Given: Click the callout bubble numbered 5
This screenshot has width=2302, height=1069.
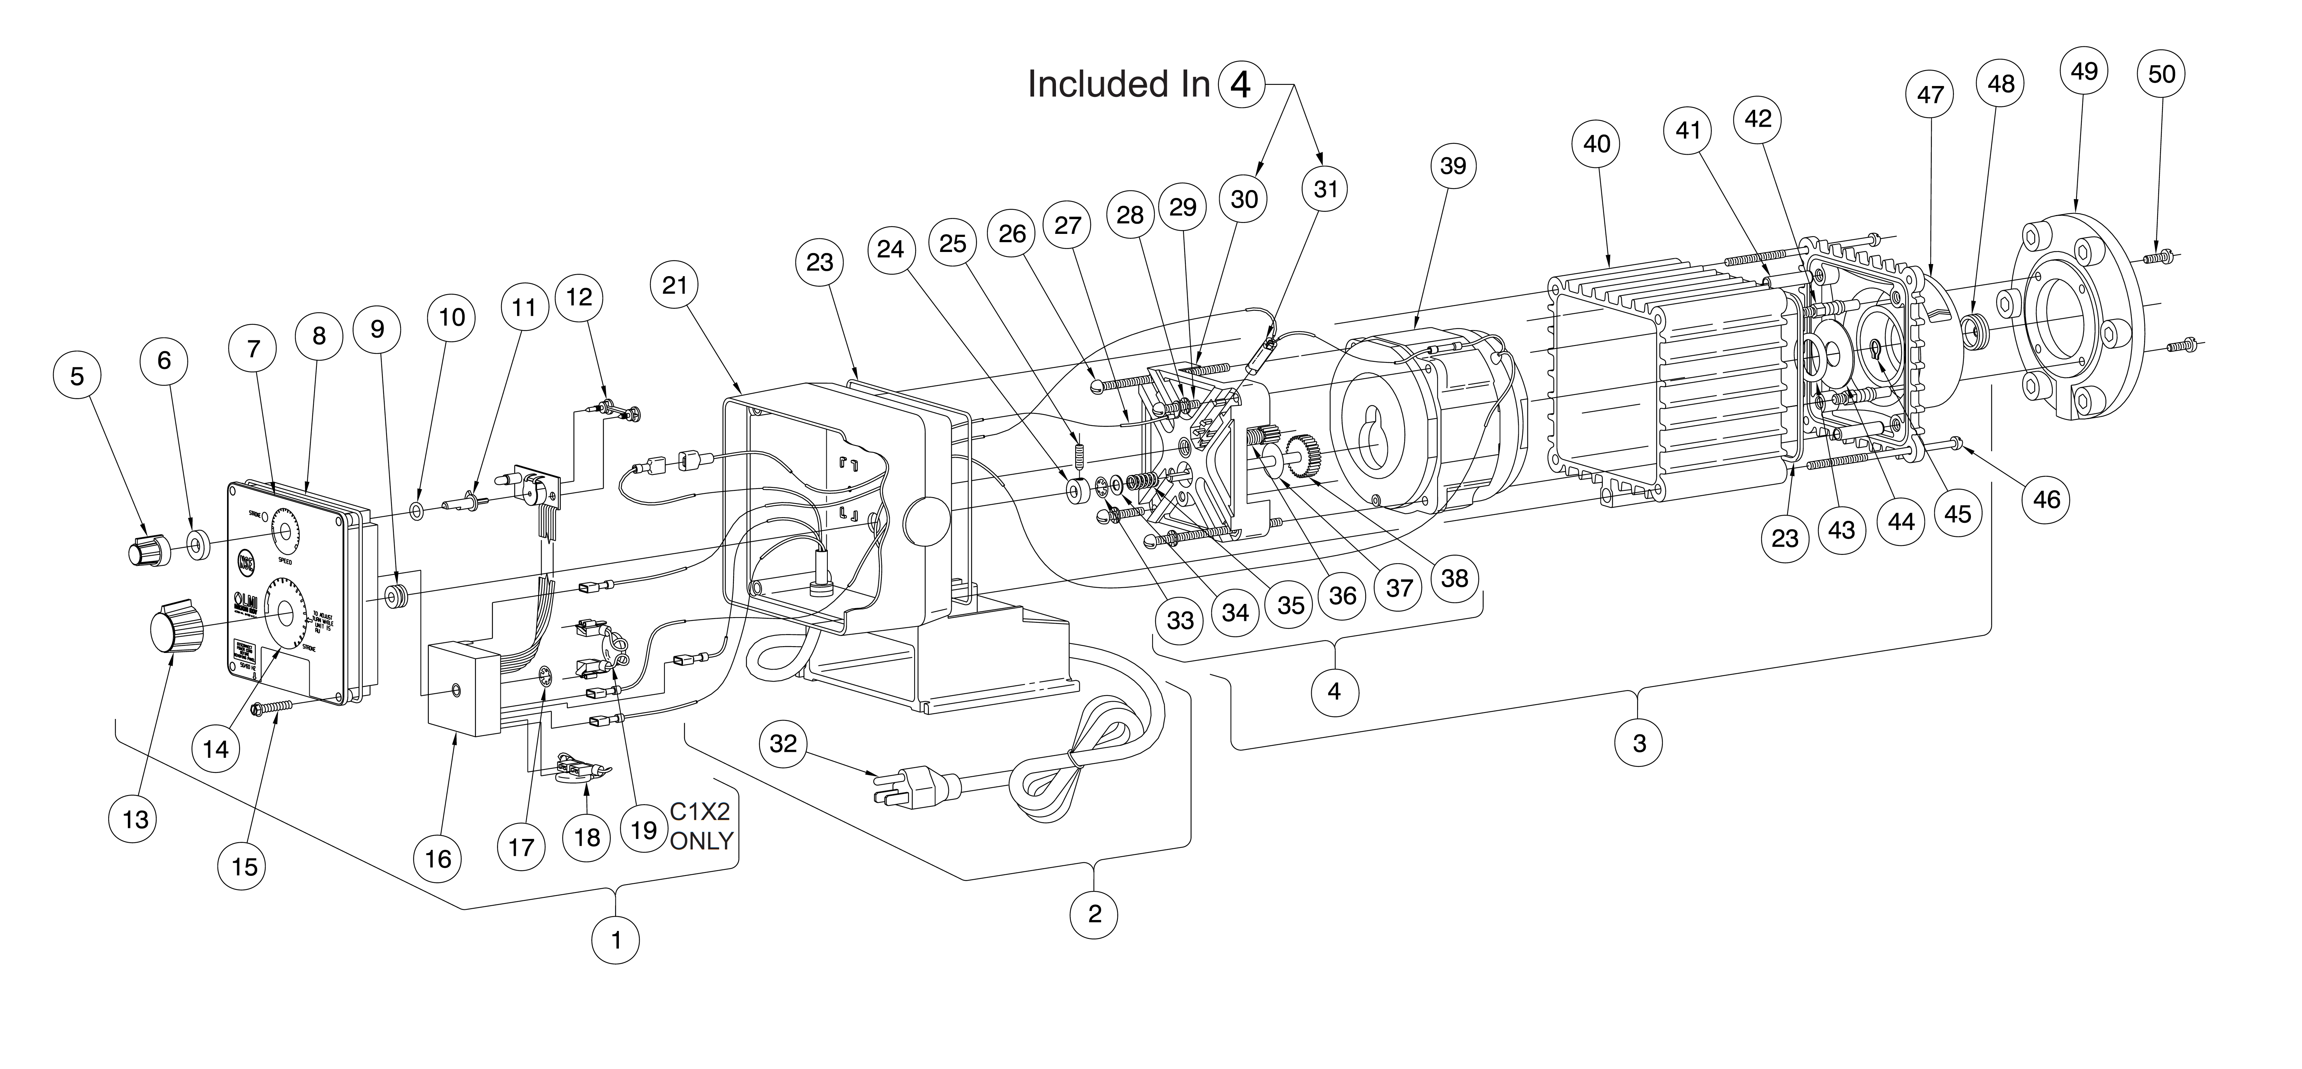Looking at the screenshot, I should [78, 376].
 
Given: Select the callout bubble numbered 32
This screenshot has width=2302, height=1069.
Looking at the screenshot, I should [783, 743].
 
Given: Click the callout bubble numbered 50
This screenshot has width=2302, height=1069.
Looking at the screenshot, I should [2162, 73].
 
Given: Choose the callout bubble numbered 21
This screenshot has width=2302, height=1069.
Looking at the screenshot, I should [675, 285].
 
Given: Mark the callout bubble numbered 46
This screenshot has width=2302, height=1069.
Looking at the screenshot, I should [2046, 499].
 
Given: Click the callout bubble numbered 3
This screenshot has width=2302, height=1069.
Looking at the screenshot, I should [1639, 743].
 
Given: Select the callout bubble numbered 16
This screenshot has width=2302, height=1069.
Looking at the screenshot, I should [438, 859].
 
